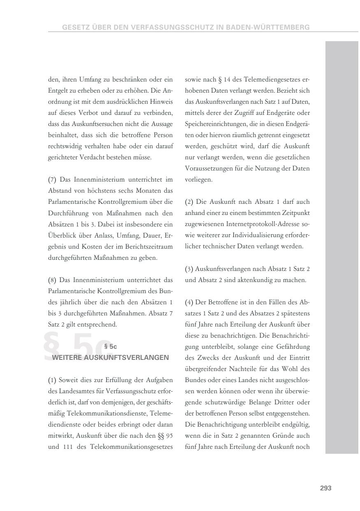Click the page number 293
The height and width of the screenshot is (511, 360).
[325, 488]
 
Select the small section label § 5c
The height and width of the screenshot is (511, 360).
[111, 347]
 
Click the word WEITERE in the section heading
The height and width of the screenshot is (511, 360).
[67, 357]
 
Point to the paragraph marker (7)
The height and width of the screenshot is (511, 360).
[52, 180]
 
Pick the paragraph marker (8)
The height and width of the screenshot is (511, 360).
[52, 280]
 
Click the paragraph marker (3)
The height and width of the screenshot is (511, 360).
[189, 269]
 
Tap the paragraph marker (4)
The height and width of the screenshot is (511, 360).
[189, 302]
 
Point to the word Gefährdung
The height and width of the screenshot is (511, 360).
[293, 347]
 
